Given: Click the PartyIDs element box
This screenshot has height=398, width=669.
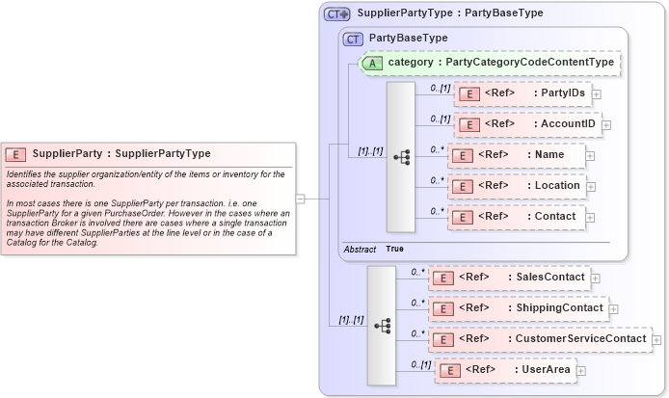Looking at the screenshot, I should [522, 93].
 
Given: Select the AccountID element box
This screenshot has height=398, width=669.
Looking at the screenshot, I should [527, 124].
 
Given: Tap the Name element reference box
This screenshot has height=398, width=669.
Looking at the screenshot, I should [515, 155].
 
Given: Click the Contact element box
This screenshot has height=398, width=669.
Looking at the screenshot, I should [516, 217].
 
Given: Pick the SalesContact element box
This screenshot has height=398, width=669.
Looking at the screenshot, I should [508, 278].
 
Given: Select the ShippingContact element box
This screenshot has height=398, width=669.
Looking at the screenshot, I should [518, 308].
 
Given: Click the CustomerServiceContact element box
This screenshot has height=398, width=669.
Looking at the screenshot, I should [539, 339].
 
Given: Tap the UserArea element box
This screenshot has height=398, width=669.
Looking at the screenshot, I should [505, 369].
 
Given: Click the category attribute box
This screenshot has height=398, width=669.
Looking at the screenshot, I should [490, 63].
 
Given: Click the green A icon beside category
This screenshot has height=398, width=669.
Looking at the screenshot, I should [372, 63].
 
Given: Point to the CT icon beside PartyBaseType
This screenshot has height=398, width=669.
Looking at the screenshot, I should [354, 38].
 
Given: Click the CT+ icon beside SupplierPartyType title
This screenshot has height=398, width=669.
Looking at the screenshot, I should [336, 13].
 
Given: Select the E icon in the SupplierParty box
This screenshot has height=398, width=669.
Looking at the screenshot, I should [16, 153].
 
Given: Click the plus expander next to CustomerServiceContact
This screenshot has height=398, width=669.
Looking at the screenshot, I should [657, 339].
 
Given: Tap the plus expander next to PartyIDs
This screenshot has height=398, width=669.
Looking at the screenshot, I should [597, 94].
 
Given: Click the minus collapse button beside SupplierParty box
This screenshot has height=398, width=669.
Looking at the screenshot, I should [301, 199].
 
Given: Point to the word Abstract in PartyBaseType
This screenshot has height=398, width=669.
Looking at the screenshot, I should [360, 249].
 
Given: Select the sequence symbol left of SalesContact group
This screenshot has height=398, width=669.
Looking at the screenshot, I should [382, 326].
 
